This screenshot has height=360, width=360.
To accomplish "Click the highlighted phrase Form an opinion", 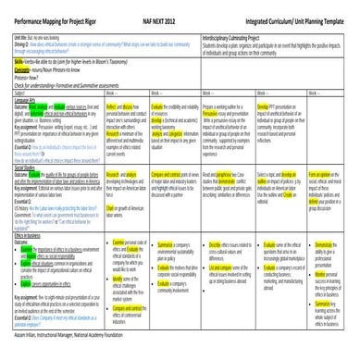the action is (318, 174).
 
